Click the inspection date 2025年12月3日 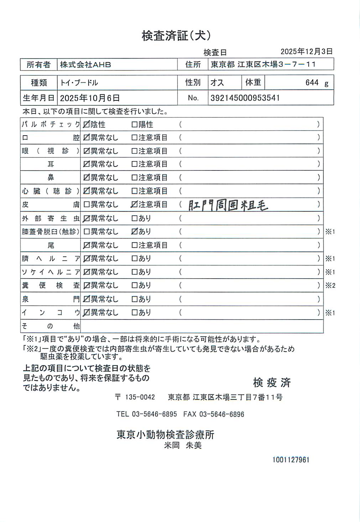pyautogui.click(x=306, y=51)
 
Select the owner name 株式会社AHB pyautogui.click(x=85, y=65)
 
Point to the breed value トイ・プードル pyautogui.click(x=79, y=83)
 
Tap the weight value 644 pyautogui.click(x=312, y=83)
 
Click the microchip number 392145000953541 pyautogui.click(x=245, y=98)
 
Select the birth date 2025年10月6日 pyautogui.click(x=90, y=98)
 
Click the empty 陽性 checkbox pyautogui.click(x=134, y=125)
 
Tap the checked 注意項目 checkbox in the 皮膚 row pyautogui.click(x=134, y=204)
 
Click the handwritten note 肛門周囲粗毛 pyautogui.click(x=228, y=205)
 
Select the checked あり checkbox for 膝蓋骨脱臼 pyautogui.click(x=134, y=231)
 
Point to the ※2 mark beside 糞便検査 pyautogui.click(x=330, y=285)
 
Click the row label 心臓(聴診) pyautogui.click(x=50, y=191)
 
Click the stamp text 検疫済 pyautogui.click(x=272, y=383)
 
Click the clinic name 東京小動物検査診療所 pyautogui.click(x=165, y=434)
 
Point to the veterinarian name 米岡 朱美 pyautogui.click(x=183, y=445)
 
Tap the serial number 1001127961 pyautogui.click(x=291, y=460)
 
